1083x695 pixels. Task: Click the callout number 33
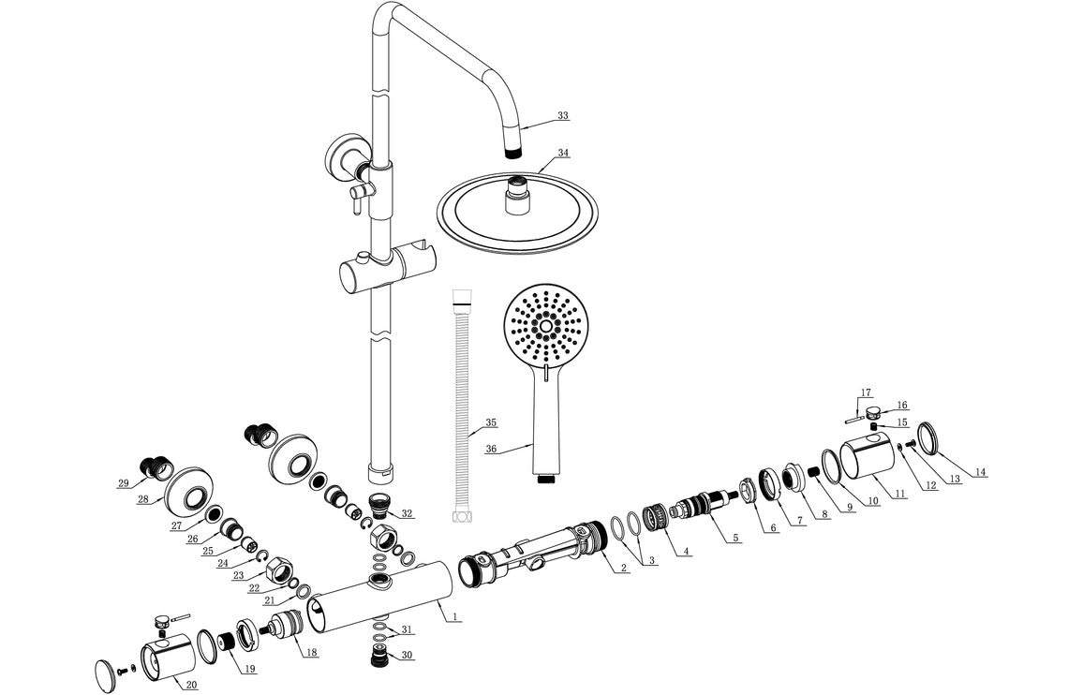[562, 116]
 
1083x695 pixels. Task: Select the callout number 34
[562, 153]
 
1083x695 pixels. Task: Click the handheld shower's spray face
[548, 327]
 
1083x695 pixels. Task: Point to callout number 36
[491, 449]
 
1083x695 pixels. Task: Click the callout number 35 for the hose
[491, 421]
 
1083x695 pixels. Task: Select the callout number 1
[454, 616]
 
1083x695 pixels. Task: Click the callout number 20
[191, 685]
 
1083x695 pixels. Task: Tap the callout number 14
[980, 472]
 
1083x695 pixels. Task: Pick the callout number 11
[898, 494]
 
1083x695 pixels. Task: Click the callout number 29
[123, 483]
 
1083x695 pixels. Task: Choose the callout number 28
[142, 499]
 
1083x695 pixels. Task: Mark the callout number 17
[866, 392]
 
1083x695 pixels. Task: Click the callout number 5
[735, 538]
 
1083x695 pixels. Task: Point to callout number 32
[406, 514]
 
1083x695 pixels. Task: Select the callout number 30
[407, 655]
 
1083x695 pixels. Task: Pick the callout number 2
[622, 569]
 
